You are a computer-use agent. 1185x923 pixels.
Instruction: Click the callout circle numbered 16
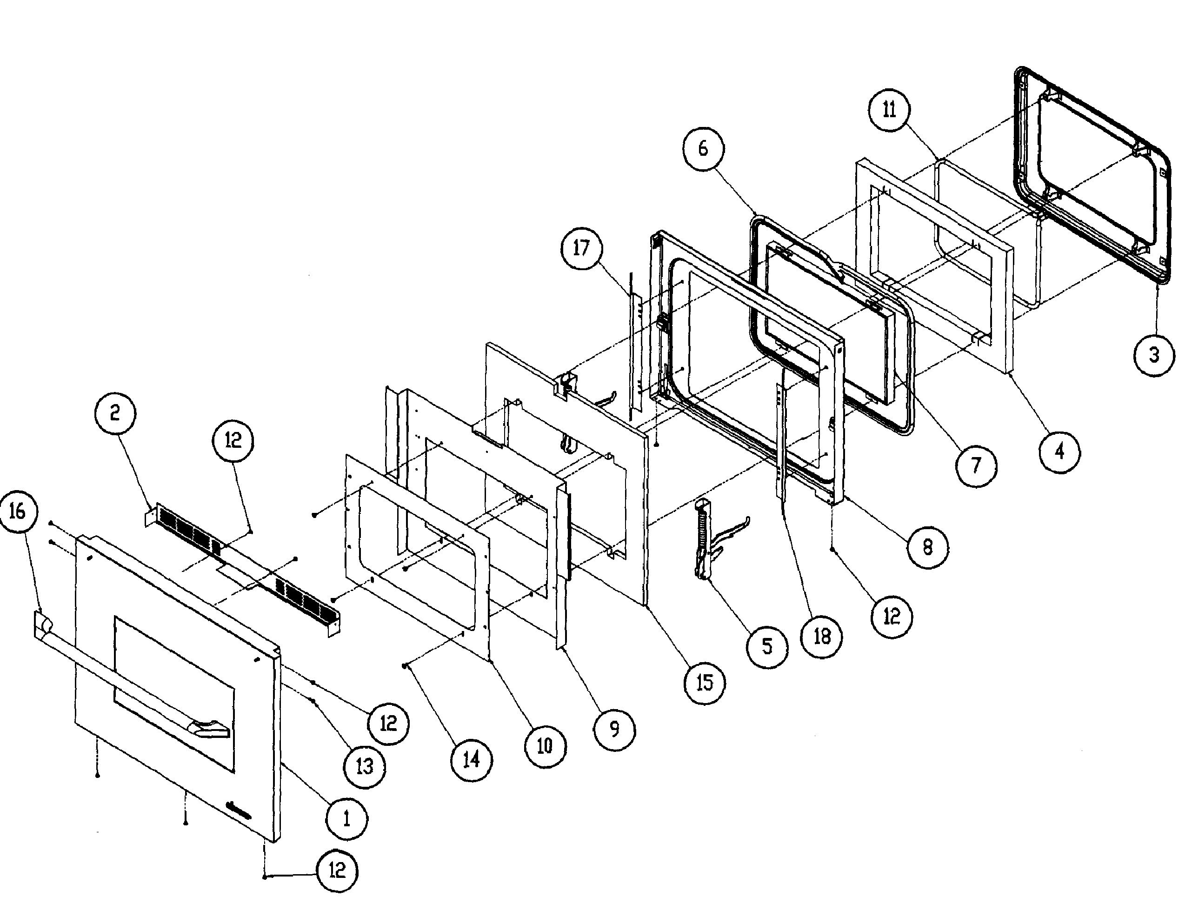18,511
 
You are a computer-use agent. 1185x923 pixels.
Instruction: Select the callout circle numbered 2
114,413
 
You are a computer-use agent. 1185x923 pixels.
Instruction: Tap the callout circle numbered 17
581,248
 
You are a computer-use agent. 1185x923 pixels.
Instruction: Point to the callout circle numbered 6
703,148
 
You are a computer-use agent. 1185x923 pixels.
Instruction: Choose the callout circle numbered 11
889,110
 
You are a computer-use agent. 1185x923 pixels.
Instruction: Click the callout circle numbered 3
1154,355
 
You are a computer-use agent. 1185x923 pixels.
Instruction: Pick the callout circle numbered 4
1059,452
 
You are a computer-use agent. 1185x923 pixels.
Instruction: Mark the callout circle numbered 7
976,465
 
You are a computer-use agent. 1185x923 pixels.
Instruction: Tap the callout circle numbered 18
822,637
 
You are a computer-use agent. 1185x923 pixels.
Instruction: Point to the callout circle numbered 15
704,683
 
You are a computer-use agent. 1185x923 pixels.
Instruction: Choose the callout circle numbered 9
614,729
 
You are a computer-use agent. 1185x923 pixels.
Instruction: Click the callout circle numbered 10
545,746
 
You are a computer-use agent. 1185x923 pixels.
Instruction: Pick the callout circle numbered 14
471,760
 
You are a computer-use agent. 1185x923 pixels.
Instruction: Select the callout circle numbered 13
365,766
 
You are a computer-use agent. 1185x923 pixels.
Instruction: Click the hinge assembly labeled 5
706,540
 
